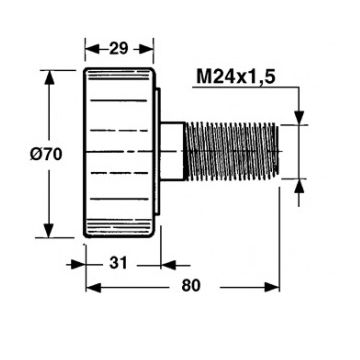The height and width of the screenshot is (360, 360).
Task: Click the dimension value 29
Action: coord(119,48)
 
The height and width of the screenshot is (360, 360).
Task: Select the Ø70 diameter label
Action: coord(46,154)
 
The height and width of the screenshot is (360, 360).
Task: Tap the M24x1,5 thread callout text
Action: coord(236,78)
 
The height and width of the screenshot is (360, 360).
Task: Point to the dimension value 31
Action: coord(118,263)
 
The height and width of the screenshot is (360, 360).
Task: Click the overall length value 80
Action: coord(191,286)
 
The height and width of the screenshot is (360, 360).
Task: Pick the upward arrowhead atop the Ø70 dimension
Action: coord(49,78)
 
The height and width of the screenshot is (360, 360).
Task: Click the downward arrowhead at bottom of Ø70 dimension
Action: coord(49,230)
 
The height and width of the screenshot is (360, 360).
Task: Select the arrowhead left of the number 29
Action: coord(92,49)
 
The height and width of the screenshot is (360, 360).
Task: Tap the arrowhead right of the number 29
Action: coord(146,49)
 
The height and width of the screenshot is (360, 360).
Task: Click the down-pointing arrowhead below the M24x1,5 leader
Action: coord(299,117)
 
